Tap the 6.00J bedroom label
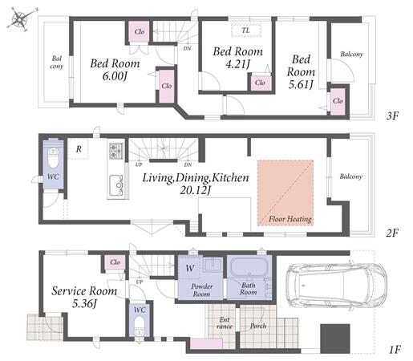[x=115, y=70]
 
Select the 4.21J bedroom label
[x=237, y=58]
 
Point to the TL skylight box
[x=246, y=30]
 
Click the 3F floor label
[x=392, y=116]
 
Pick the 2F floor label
[x=392, y=233]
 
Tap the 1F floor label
[x=394, y=350]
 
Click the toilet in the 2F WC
[x=53, y=158]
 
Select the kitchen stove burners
[x=116, y=151]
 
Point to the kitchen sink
[x=116, y=185]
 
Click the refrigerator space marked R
[x=78, y=149]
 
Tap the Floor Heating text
[x=290, y=219]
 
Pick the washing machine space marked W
[x=190, y=268]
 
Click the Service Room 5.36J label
[x=84, y=297]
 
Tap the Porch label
[x=258, y=326]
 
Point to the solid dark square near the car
[x=335, y=339]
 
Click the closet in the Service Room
[x=115, y=262]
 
